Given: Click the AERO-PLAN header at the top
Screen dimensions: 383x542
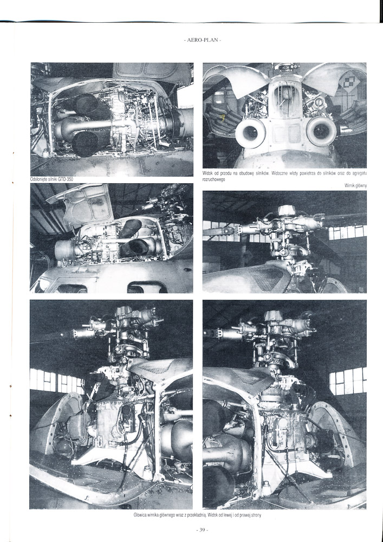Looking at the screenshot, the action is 203,40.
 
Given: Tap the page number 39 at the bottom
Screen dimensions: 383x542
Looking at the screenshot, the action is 202,529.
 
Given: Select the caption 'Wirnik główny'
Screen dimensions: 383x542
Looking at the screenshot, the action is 355,186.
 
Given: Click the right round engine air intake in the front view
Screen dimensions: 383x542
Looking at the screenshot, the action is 321,131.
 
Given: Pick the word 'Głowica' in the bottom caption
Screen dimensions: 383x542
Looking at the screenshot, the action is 140,515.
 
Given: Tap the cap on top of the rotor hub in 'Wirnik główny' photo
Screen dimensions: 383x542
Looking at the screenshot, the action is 287,209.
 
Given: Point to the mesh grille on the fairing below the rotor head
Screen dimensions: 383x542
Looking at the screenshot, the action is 267,278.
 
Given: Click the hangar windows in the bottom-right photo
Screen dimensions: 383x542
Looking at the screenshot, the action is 348,380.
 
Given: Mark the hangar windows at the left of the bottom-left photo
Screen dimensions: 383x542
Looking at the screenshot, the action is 57,381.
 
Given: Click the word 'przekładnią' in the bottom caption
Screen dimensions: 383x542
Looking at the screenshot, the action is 196,515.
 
